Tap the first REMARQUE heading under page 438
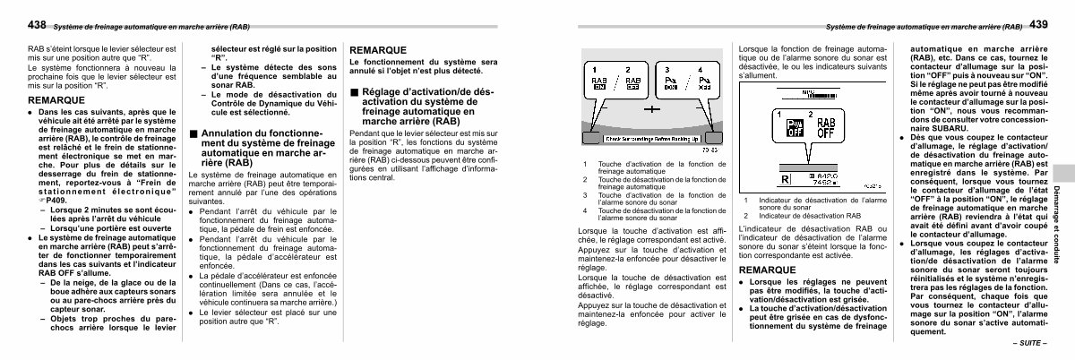click(x=56, y=99)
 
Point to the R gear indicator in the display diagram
click(x=786, y=180)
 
